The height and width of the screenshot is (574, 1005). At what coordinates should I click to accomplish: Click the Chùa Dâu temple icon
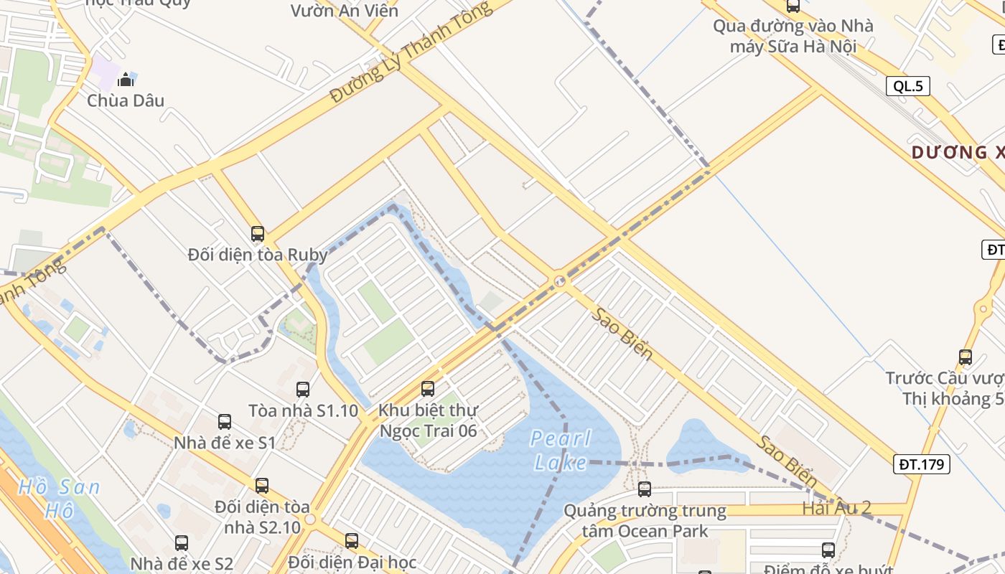(x=126, y=79)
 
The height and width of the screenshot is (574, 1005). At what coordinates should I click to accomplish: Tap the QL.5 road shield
(x=907, y=87)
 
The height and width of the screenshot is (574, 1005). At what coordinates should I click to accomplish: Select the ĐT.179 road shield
(x=922, y=464)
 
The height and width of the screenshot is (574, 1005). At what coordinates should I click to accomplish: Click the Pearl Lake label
(x=561, y=451)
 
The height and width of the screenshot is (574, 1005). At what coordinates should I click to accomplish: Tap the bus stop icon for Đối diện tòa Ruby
(x=258, y=234)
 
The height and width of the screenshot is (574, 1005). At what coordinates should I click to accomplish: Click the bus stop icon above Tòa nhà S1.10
(x=303, y=390)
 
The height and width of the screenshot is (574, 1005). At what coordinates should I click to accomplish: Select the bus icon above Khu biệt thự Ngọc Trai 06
(x=428, y=389)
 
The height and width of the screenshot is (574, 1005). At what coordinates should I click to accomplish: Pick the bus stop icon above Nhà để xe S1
(x=225, y=422)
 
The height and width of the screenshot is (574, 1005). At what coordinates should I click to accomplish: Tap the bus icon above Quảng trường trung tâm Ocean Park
(x=645, y=489)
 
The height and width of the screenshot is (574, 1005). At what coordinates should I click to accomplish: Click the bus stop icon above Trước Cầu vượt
(x=966, y=357)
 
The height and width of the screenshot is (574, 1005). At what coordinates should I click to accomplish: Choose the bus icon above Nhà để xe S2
(x=182, y=543)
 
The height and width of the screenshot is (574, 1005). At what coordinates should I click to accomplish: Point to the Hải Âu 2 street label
(x=836, y=508)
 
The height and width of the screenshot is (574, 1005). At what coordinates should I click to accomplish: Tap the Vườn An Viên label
(x=344, y=11)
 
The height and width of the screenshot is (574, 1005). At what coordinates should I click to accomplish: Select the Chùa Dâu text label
(x=126, y=100)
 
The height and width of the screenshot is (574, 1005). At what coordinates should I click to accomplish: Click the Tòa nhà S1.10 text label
(x=303, y=411)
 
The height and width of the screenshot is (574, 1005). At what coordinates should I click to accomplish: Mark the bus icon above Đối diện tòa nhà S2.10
(x=262, y=486)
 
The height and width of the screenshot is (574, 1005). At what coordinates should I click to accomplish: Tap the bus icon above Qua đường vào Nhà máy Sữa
(x=793, y=6)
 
